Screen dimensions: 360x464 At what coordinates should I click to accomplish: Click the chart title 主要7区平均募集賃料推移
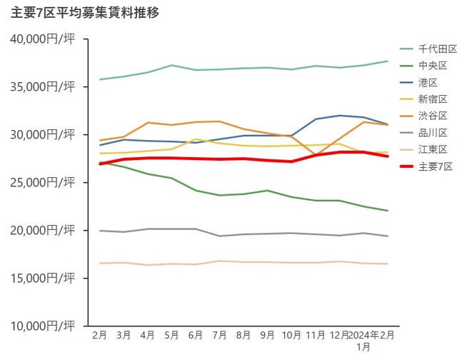(85, 13)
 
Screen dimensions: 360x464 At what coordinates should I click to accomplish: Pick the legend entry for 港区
(429, 82)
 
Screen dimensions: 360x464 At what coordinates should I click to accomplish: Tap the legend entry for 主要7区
(435, 166)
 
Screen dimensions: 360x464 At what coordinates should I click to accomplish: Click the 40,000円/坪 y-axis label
(42, 39)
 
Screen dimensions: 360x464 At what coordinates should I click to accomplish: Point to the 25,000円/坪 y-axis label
(42, 182)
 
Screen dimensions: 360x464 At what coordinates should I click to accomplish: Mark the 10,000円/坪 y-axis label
(42, 326)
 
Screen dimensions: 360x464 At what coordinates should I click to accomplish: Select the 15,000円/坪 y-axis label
(42, 278)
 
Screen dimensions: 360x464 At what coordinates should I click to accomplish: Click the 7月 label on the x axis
(219, 334)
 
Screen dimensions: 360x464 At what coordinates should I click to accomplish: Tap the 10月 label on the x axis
(291, 334)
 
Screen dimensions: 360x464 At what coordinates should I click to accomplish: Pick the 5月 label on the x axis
(171, 334)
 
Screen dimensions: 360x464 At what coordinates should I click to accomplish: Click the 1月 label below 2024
(363, 346)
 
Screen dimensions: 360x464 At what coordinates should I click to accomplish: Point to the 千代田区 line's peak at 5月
(171, 65)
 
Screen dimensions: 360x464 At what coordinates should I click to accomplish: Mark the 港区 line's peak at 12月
(339, 115)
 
